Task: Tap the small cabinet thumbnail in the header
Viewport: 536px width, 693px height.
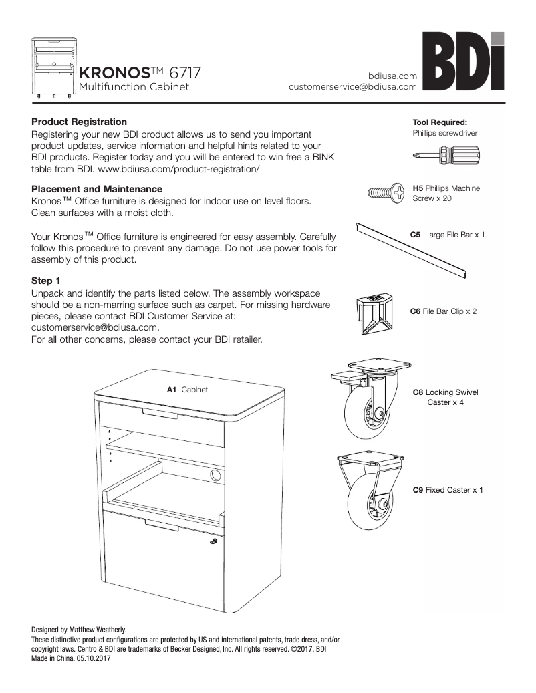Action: (x=53, y=67)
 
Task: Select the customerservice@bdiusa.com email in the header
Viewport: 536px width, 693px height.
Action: (x=353, y=87)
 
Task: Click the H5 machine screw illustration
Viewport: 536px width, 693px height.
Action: (x=386, y=193)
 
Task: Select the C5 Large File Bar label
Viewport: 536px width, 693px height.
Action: (x=446, y=235)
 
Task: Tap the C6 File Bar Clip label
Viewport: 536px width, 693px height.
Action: (x=442, y=311)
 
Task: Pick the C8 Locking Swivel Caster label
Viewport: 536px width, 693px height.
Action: (x=446, y=397)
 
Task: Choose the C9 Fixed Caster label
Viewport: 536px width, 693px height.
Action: (x=447, y=490)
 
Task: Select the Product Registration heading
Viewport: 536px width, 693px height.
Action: (x=79, y=122)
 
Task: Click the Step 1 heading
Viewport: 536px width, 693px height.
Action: (x=46, y=281)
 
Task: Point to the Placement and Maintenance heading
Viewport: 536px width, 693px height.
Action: (x=97, y=189)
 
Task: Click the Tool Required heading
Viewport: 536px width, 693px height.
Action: (x=439, y=122)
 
